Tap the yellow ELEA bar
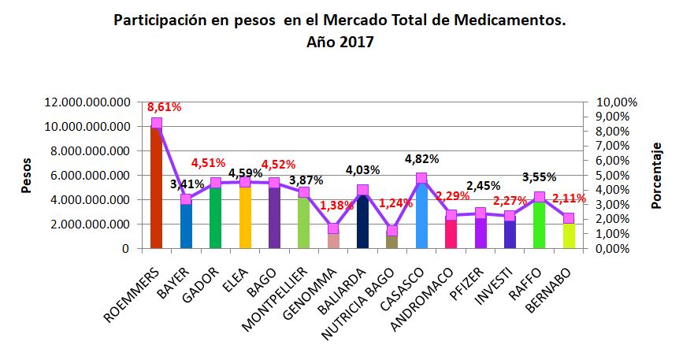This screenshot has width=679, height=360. click(x=244, y=217)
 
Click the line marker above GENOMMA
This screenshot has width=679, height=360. click(x=333, y=228)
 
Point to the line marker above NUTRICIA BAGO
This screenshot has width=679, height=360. click(x=392, y=231)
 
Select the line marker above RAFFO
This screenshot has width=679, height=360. click(x=540, y=197)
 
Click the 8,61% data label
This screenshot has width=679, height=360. click(x=164, y=106)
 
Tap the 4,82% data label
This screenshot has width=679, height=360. click(x=421, y=158)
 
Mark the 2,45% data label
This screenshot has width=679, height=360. click(x=483, y=186)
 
